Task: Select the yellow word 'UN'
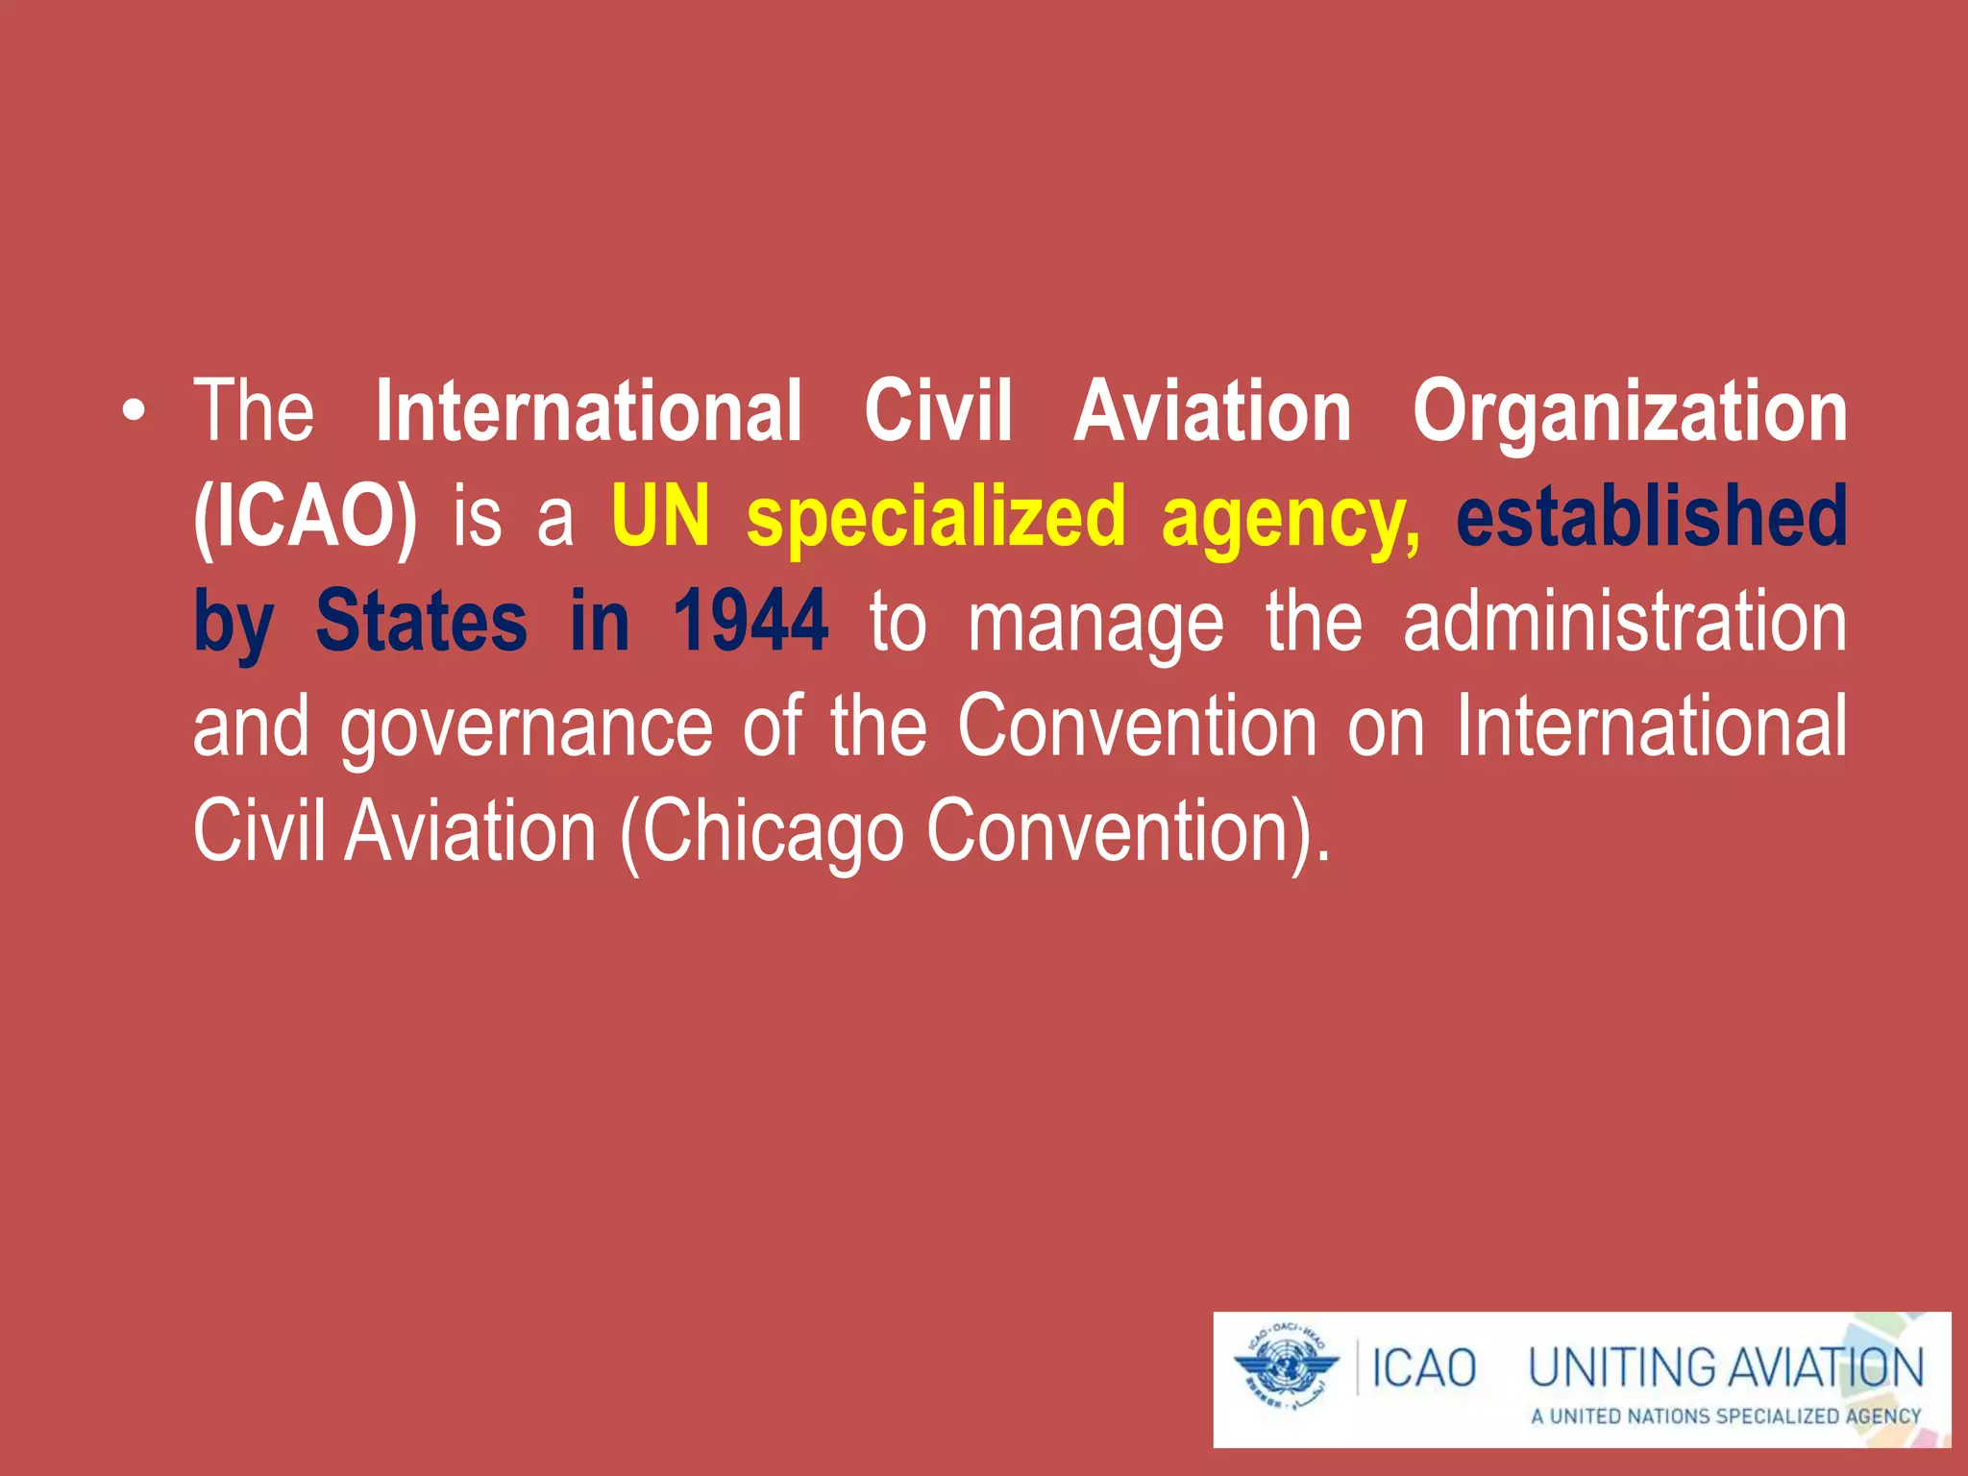661,517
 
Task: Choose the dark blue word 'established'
1651,517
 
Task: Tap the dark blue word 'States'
421,623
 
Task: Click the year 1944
750,623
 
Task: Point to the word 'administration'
1624,623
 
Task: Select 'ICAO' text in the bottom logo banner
1423,1368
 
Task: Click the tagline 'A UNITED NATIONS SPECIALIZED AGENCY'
1726,1416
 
